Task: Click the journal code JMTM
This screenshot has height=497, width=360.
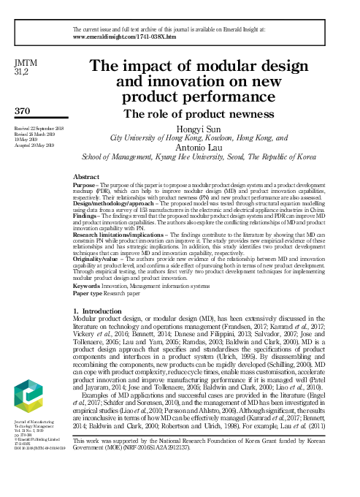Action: [x=24, y=64]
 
